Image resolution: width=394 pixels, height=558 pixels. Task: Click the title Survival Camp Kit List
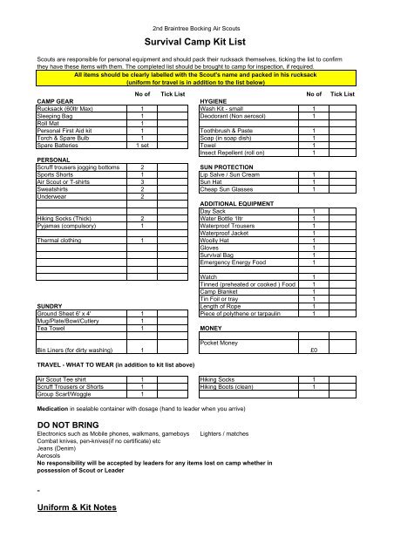click(196, 40)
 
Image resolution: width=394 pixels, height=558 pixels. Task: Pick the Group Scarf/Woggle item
click(66, 394)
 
